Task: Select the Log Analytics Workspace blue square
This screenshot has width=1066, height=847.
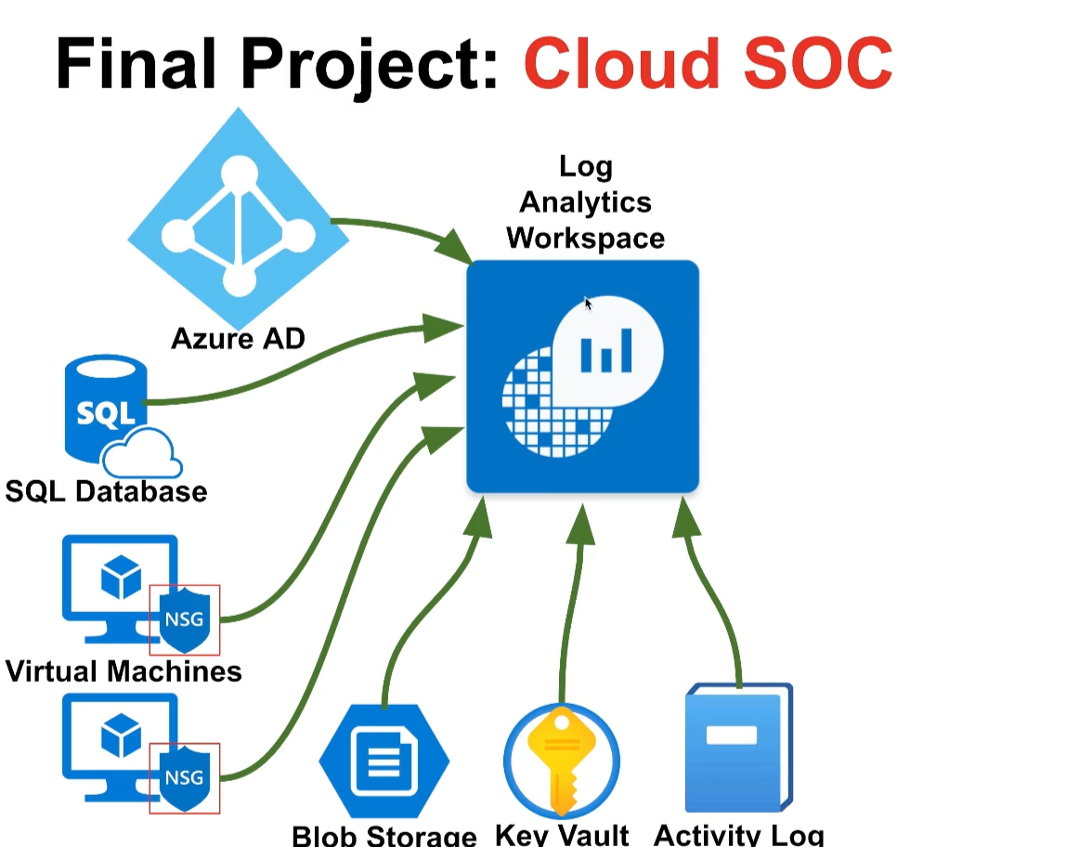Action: pos(582,376)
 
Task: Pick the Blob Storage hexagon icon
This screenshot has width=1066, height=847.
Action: pos(384,761)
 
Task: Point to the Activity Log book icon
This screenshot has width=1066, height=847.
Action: pos(739,748)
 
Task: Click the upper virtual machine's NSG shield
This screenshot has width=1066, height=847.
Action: pos(184,619)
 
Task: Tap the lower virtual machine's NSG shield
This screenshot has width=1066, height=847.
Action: pos(184,777)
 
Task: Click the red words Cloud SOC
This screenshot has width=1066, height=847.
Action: pos(708,63)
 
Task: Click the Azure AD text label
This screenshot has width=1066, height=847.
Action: pos(238,339)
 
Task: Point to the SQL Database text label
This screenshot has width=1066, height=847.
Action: pos(106,491)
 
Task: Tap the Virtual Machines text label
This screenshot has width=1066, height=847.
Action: pos(123,671)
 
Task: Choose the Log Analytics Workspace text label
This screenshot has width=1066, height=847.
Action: pos(585,202)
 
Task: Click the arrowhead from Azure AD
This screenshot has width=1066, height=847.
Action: pos(454,246)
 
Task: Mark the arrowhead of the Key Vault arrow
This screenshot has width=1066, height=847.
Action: pos(581,524)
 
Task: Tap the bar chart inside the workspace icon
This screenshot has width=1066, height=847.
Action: pos(605,351)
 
